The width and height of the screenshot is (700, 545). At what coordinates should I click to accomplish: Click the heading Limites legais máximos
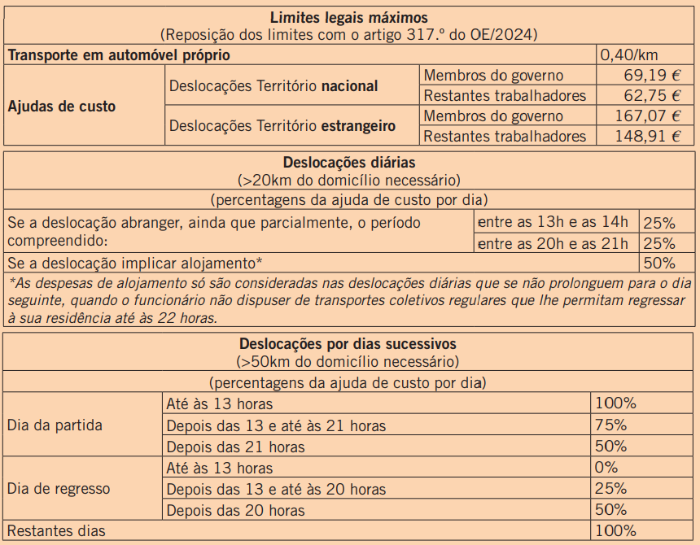tap(350, 17)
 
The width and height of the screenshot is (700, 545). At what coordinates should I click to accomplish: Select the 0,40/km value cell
tap(628, 55)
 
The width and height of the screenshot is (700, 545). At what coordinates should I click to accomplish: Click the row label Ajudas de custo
tap(62, 107)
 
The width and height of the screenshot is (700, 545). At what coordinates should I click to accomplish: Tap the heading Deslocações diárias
tap(350, 163)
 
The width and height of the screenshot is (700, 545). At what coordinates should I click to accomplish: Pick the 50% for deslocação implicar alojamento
tap(659, 263)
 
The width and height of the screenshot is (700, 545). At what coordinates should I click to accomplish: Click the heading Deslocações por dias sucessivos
tap(348, 344)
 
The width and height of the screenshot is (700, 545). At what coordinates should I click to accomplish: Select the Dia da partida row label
tap(55, 425)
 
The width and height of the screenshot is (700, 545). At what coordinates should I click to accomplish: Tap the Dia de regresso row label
tap(59, 489)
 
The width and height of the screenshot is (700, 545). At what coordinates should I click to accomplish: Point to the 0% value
tap(607, 468)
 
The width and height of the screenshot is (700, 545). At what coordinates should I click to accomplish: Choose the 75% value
tap(611, 425)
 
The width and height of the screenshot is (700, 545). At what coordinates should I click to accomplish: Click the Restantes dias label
tap(56, 531)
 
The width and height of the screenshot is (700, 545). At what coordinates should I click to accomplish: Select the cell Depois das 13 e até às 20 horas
tap(276, 489)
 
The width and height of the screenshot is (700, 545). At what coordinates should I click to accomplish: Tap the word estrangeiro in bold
tap(359, 126)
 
